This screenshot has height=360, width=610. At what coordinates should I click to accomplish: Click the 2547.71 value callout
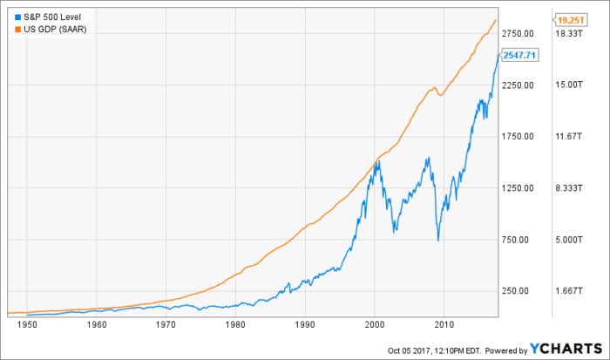tap(520, 55)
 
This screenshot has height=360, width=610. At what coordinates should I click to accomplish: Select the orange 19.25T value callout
tap(569, 17)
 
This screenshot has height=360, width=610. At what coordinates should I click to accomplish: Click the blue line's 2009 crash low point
tap(437, 241)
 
